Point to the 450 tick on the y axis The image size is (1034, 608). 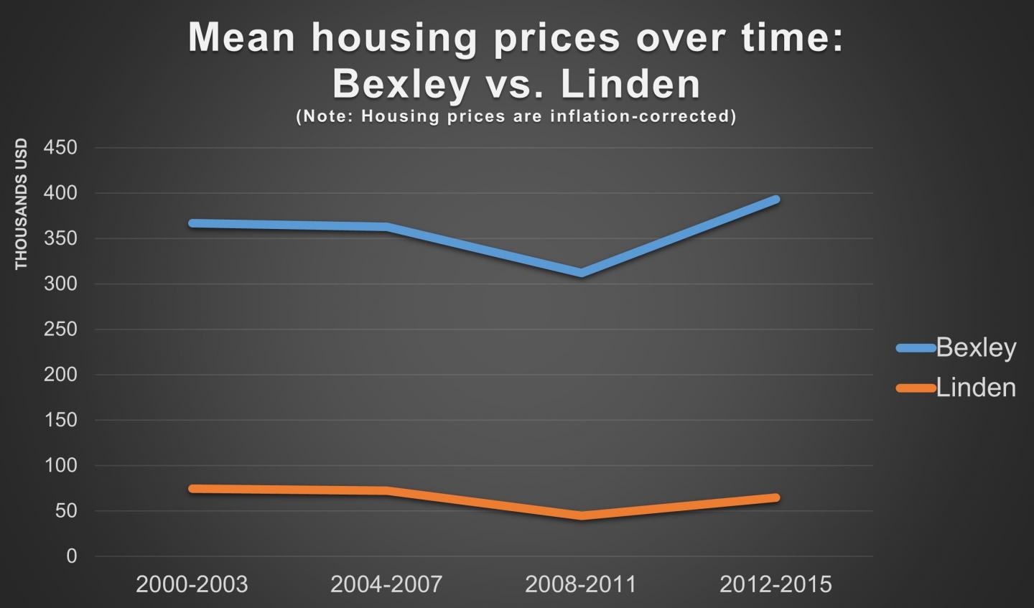tap(60, 148)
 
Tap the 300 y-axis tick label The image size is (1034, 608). tap(60, 284)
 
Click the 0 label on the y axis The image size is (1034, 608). tap(71, 556)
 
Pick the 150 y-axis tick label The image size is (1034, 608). tap(60, 420)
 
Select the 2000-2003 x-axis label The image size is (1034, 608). tap(192, 584)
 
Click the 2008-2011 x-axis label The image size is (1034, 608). tap(581, 584)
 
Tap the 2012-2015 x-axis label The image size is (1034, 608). tap(775, 584)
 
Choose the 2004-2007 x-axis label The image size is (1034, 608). tap(386, 584)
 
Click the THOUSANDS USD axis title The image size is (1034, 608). tap(21, 204)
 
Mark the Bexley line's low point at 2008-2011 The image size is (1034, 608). tap(581, 273)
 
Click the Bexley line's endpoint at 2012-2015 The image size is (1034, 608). tap(775, 200)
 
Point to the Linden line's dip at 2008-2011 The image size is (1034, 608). tap(581, 515)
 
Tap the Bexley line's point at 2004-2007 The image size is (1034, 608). tap(386, 227)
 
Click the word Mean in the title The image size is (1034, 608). tap(241, 37)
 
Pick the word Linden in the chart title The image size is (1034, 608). tap(630, 84)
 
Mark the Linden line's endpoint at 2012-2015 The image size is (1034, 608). tap(775, 497)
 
